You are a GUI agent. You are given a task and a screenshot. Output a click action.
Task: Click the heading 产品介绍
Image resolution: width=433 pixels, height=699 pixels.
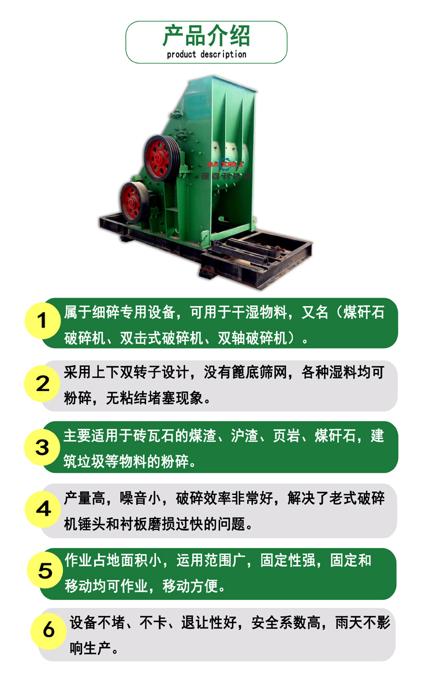206,36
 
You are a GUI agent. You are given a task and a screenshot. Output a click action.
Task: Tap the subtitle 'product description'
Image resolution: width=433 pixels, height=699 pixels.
207,55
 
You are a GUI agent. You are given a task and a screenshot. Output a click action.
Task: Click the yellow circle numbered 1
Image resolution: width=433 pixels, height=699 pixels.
43,321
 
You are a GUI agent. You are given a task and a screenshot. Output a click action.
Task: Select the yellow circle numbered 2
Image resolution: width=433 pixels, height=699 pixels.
43,384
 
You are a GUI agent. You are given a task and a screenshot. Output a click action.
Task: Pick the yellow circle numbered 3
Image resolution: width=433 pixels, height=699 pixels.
43,447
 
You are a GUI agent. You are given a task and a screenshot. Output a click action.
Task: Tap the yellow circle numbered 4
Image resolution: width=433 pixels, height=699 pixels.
43,509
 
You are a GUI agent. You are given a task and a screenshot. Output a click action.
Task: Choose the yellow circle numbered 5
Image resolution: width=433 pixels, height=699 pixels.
45,570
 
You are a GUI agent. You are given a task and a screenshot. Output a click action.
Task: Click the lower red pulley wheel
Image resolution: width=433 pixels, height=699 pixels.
135,202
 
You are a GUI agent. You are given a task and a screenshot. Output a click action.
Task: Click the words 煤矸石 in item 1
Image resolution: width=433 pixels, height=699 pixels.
364,313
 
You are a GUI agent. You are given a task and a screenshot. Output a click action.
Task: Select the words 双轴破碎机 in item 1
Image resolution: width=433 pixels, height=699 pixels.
252,338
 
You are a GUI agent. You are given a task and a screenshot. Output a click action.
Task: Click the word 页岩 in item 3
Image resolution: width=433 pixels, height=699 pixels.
286,435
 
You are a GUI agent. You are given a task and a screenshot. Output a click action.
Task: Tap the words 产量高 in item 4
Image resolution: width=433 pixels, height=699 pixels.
85,498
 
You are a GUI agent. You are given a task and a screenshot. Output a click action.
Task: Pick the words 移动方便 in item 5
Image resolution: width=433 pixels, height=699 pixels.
190,586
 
